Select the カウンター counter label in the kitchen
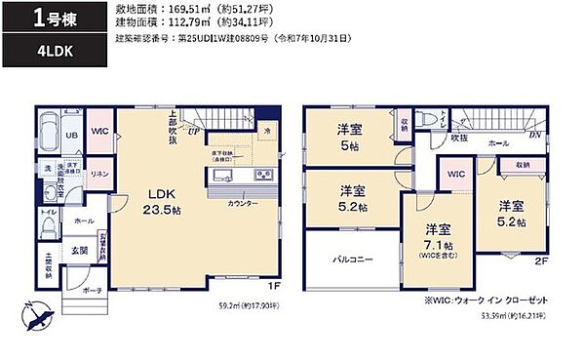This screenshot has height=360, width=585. (x=244, y=203)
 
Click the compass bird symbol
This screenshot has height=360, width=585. (x=38, y=314)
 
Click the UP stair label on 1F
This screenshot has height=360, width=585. (x=194, y=129)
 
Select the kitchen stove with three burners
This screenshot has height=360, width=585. (x=263, y=175)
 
